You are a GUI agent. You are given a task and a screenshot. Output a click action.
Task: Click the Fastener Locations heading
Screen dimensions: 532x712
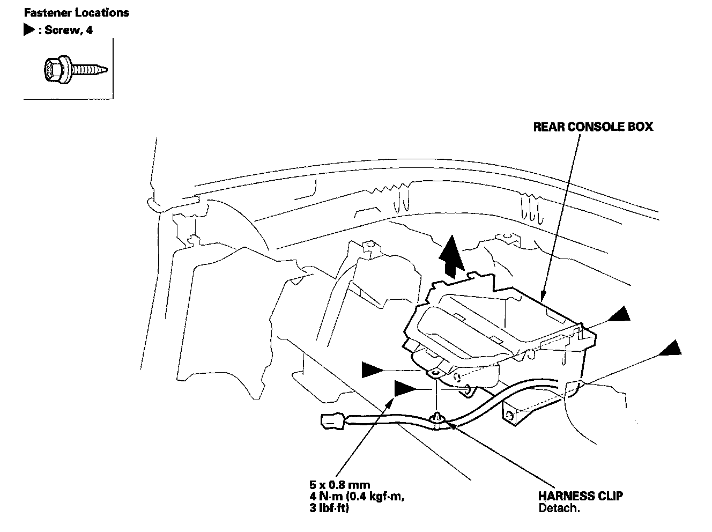[77, 12]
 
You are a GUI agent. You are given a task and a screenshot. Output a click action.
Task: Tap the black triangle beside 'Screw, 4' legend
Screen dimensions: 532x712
[28, 30]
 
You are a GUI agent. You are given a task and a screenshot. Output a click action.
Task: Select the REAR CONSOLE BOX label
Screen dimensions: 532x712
[592, 127]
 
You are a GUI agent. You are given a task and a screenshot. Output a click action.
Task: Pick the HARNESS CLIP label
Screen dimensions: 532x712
[580, 496]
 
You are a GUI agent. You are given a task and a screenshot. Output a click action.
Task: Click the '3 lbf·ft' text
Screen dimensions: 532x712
[325, 508]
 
